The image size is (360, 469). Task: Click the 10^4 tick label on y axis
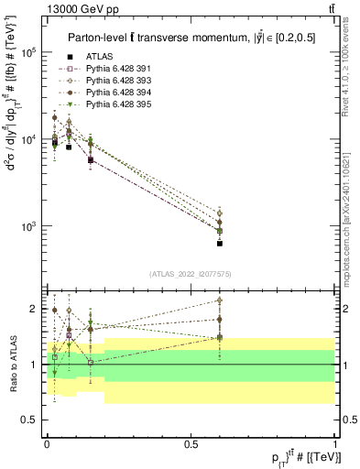[x=28, y=139]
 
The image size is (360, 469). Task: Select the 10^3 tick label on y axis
[x=28, y=225]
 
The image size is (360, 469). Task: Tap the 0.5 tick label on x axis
[x=191, y=443]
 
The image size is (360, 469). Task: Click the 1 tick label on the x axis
[x=335, y=443]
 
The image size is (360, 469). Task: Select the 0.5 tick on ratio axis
[x=30, y=420]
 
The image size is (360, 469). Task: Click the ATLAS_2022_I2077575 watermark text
[x=191, y=274]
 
